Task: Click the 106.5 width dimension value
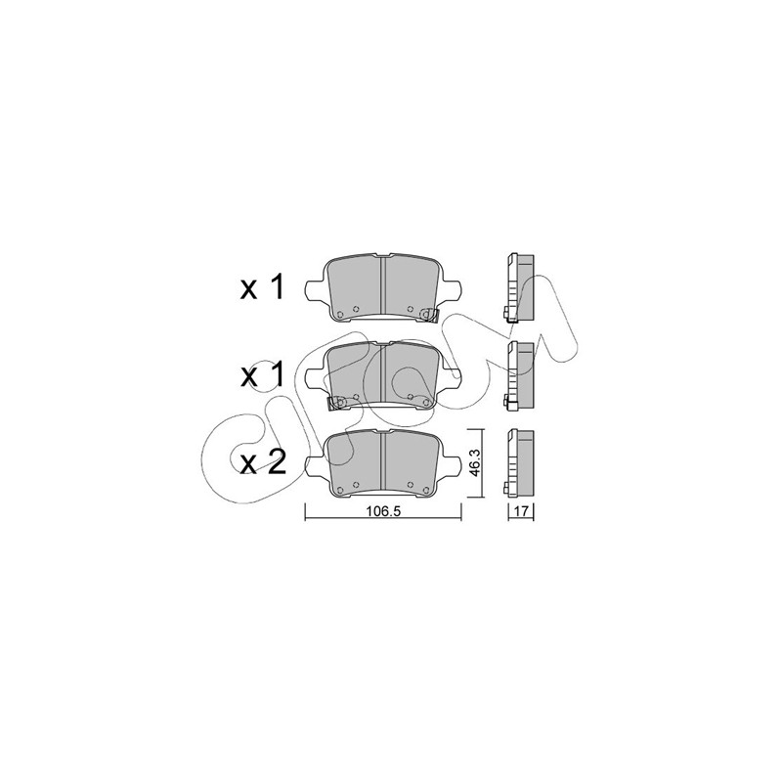coord(383,511)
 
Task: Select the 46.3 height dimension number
coord(474,462)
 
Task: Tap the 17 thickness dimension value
coord(521,511)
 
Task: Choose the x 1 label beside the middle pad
coord(262,374)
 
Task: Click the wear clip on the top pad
coord(428,315)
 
